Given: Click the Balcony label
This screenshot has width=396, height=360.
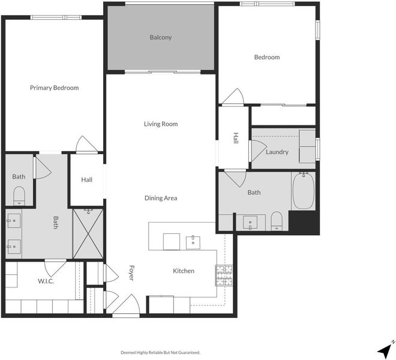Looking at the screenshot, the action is [161, 37].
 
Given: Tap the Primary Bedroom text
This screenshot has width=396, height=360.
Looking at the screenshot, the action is [54, 88].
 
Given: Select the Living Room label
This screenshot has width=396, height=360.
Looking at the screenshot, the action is [161, 124].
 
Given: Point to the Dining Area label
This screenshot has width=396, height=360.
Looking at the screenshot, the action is [161, 198].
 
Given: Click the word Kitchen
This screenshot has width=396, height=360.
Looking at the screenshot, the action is [184, 271].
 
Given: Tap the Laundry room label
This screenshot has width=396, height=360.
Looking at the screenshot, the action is [277, 152].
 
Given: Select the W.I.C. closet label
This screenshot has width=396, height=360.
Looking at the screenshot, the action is [46, 281].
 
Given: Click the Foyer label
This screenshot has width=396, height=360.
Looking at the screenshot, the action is [131, 273].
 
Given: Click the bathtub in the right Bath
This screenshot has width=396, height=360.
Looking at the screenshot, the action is [304, 191].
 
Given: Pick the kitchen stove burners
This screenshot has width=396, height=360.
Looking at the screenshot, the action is [224, 275].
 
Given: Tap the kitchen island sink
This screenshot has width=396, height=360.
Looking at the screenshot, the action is [193, 242].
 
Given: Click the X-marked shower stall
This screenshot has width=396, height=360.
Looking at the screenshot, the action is [88, 233].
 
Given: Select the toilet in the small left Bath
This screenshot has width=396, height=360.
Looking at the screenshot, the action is [19, 196].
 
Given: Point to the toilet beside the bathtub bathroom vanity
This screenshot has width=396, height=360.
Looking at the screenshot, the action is [277, 221].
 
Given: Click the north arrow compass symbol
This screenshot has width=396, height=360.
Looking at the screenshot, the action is [386, 350].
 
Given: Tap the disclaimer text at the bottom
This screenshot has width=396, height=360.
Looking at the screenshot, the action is [160, 352].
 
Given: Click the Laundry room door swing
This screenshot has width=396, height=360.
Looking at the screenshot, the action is [257, 151].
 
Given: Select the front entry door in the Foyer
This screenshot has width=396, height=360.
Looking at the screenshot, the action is [126, 305].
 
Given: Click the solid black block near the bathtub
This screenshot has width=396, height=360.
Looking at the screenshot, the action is [304, 222].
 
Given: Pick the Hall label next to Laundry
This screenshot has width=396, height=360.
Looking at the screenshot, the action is [236, 138].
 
